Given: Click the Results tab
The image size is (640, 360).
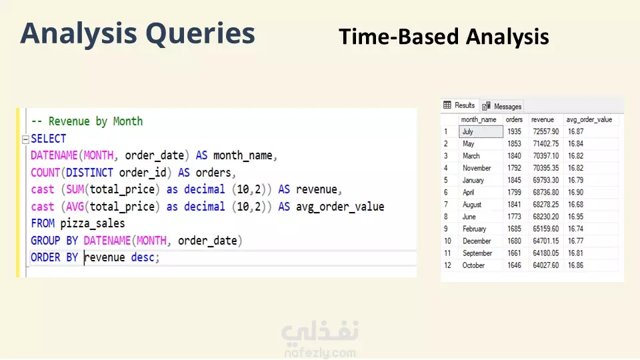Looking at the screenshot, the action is click(x=459, y=105).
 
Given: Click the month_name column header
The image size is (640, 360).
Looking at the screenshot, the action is click(x=479, y=119).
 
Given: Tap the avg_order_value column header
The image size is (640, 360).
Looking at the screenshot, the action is click(x=589, y=119).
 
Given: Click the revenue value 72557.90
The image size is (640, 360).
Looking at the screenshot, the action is click(x=546, y=131).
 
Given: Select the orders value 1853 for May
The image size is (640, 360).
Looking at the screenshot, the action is click(x=514, y=144).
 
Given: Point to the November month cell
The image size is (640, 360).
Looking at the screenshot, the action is click(x=476, y=168).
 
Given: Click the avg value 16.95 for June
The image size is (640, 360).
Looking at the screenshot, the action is click(x=575, y=216).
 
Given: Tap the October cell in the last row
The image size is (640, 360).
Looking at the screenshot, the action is click(x=473, y=265).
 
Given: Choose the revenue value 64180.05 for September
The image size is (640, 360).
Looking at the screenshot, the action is click(x=546, y=253).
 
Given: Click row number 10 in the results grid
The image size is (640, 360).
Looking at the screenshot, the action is click(x=447, y=241).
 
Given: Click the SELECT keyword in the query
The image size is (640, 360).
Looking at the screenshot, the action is click(x=48, y=139).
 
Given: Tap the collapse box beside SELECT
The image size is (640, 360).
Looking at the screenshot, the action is click(x=25, y=139).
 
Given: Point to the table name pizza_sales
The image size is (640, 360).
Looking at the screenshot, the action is click(x=93, y=224).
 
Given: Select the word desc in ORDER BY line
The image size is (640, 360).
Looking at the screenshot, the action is click(x=143, y=257).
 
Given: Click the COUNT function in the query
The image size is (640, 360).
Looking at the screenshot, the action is click(x=45, y=173).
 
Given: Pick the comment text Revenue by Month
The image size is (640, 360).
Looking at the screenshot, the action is click(x=95, y=121).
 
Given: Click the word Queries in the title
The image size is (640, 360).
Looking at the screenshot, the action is click(x=200, y=33).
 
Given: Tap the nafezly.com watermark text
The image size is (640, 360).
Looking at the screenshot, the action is click(x=320, y=353).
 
